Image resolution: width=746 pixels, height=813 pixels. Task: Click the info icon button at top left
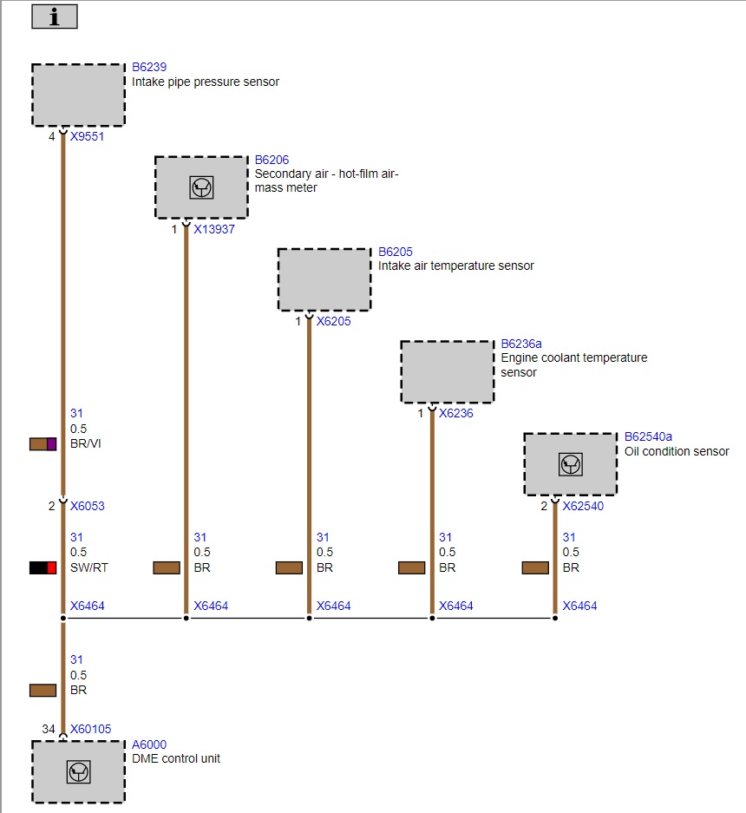(x=55, y=16)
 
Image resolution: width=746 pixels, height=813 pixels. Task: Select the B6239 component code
(x=149, y=67)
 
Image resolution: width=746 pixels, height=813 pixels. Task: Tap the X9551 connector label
(x=87, y=136)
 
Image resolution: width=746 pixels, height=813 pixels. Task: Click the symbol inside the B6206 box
(x=201, y=187)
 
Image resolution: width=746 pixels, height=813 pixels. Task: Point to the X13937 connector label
(x=214, y=229)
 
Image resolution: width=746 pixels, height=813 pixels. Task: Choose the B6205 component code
(x=396, y=252)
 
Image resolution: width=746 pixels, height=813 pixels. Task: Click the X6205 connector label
(x=334, y=321)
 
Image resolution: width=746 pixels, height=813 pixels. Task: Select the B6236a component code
(x=521, y=344)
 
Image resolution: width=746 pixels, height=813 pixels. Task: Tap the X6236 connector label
(x=456, y=413)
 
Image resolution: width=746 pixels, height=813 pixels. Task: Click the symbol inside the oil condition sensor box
(x=570, y=464)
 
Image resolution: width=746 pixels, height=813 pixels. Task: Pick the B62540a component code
(x=648, y=436)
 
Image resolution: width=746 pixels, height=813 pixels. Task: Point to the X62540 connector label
(x=583, y=506)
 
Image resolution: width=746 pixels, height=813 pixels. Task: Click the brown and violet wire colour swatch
(x=43, y=444)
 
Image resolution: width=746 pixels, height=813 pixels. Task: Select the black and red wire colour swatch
(x=43, y=567)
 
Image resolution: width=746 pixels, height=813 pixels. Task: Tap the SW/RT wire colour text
(x=89, y=567)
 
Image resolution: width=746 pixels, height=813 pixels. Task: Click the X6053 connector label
(x=87, y=506)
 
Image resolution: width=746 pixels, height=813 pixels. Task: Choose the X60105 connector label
(x=91, y=729)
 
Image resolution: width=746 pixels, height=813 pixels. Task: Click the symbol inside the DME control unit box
(x=78, y=771)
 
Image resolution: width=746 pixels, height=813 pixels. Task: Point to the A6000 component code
(x=149, y=744)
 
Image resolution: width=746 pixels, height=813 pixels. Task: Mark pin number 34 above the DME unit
(x=49, y=729)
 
